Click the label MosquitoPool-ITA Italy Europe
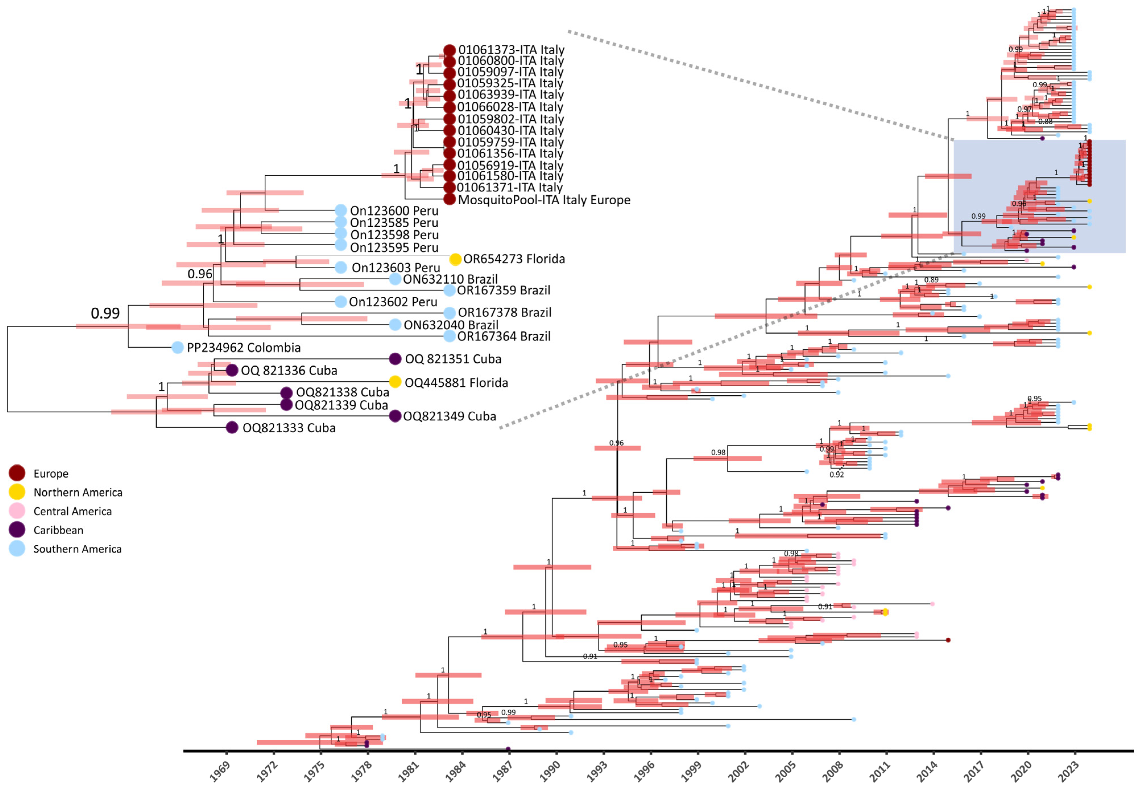coord(544,200)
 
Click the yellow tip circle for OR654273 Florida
coord(455,259)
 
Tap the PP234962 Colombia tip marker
coord(177,347)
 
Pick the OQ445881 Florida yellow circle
coord(395,382)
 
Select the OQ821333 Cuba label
coord(289,428)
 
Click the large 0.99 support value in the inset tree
coord(105,313)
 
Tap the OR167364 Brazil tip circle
coord(449,336)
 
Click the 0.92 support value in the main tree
coord(836,474)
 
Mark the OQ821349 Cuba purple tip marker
coord(395,416)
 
